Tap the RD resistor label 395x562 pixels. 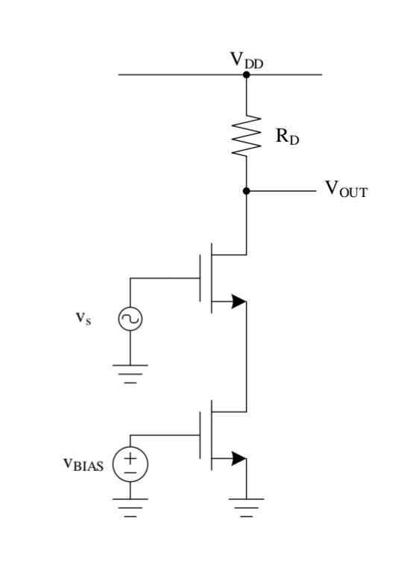285,138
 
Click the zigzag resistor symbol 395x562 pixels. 246,135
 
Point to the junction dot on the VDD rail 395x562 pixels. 246,75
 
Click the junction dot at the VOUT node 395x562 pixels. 246,190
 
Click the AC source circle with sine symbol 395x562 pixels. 130,319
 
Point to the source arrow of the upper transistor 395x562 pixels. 237,302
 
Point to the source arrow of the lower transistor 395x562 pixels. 237,457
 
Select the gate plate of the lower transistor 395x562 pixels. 200,434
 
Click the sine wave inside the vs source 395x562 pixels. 130,319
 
